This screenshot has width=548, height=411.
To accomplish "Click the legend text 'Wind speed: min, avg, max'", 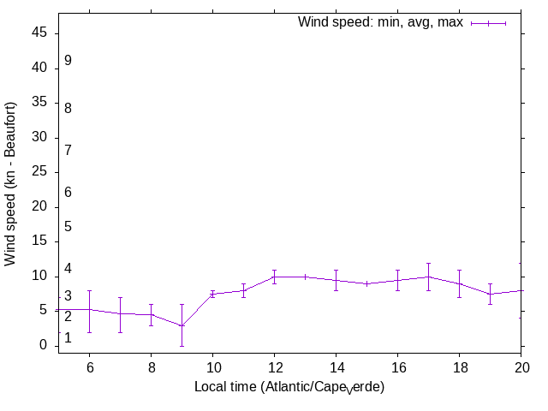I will [x=379, y=22].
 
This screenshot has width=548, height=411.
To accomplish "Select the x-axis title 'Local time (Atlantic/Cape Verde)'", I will [x=289, y=388].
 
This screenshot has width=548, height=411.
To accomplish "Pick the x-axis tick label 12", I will [x=274, y=367].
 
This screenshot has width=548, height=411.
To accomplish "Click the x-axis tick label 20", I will [x=521, y=367].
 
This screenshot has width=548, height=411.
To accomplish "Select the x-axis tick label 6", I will [x=89, y=367].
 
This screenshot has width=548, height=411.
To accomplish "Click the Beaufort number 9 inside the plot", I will [x=68, y=61].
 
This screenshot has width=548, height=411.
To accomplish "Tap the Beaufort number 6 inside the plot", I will [x=68, y=193].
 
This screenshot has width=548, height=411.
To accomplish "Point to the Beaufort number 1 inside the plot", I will [x=68, y=338].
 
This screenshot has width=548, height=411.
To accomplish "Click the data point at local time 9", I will [x=182, y=325].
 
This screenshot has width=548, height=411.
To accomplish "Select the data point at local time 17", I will [x=428, y=277].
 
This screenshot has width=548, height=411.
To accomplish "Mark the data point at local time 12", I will [x=274, y=277].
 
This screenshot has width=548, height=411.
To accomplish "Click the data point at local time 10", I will [x=212, y=294].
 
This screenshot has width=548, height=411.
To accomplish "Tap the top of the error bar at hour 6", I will [x=89, y=291].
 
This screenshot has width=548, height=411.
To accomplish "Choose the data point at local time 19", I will [x=490, y=294].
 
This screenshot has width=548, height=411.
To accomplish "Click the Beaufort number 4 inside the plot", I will [x=68, y=270].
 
